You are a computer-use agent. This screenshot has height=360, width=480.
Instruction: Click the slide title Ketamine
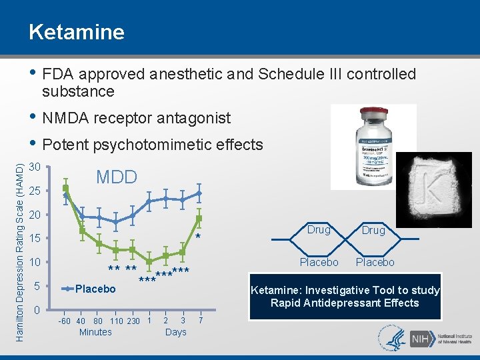tap(76, 32)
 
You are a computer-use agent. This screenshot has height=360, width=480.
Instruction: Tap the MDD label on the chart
tap(117, 177)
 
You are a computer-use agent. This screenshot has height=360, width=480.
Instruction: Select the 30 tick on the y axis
tap(37, 167)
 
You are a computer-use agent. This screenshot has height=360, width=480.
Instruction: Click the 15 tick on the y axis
tap(37, 239)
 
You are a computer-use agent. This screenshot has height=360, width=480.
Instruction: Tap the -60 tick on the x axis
tap(65, 322)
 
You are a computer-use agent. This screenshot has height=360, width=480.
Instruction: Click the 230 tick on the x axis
tap(133, 322)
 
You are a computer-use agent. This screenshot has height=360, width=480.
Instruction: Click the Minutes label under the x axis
tap(95, 332)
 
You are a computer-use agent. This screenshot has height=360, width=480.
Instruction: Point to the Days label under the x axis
tap(175, 332)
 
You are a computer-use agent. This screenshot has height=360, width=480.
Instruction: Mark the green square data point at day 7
tap(199, 218)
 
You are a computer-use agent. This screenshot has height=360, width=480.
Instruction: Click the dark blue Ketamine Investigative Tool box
tap(345, 296)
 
